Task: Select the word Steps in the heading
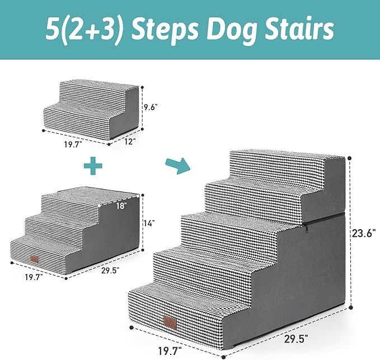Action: pyautogui.click(x=163, y=29)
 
